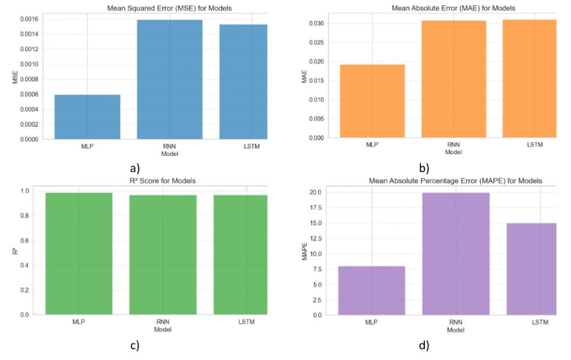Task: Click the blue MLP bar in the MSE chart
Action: [x=87, y=116]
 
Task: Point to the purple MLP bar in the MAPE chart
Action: [x=371, y=290]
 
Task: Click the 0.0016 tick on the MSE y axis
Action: [x=30, y=19]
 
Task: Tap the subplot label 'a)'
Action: [x=135, y=169]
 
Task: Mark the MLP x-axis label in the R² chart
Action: [x=79, y=322]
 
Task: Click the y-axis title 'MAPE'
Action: [x=304, y=254]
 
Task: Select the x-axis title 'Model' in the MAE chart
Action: [x=452, y=152]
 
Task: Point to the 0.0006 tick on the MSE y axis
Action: [x=30, y=94]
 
